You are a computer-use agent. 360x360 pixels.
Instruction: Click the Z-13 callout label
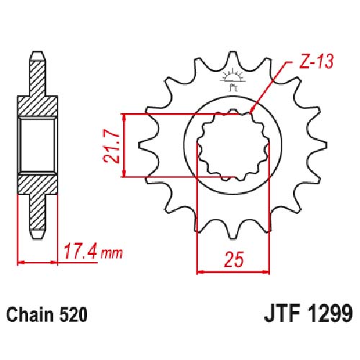click(x=316, y=61)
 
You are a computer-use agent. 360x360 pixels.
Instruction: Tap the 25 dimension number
click(x=233, y=259)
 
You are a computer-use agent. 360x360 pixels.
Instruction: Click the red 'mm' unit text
click(x=112, y=253)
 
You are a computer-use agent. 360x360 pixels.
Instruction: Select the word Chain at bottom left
click(x=30, y=315)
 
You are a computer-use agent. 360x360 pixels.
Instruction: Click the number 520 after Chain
click(x=73, y=315)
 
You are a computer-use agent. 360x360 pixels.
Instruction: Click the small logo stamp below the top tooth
click(x=233, y=80)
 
